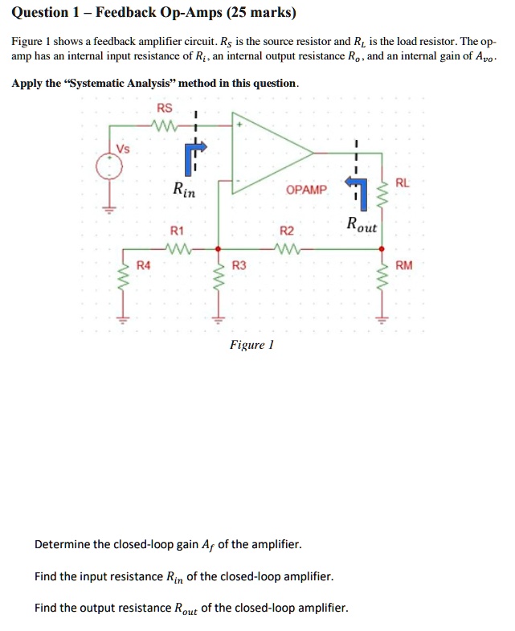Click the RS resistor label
coord(164,108)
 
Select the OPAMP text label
coord(306,190)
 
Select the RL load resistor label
coord(403,182)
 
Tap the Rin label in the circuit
coord(183,191)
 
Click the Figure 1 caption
coord(251,345)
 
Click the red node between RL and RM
coord(382,248)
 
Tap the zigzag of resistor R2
coord(287,248)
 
